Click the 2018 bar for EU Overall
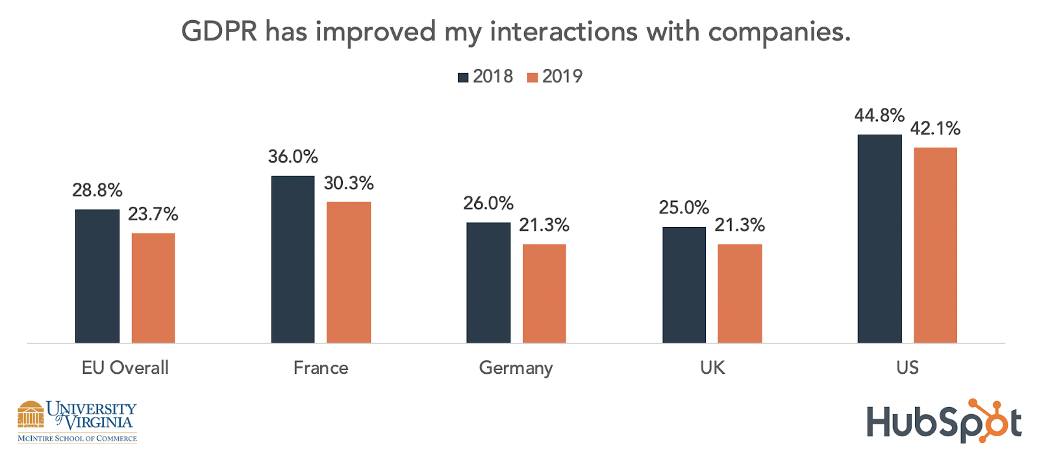[x=97, y=276]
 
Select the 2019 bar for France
[x=349, y=272]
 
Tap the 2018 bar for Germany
[x=488, y=283]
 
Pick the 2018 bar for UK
[x=684, y=285]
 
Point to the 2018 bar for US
[x=879, y=239]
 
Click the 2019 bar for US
[x=935, y=245]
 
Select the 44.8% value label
[x=879, y=116]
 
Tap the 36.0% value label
[x=293, y=157]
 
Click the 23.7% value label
[x=153, y=214]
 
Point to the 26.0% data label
[x=488, y=203]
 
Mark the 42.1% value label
[x=935, y=129]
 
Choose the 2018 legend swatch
[x=463, y=77]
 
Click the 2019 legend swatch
[x=532, y=77]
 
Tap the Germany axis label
[x=516, y=368]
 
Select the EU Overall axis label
[x=125, y=368]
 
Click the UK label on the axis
[x=712, y=368]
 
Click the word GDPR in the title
[x=219, y=32]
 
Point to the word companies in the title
[x=779, y=32]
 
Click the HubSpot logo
[x=944, y=422]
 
